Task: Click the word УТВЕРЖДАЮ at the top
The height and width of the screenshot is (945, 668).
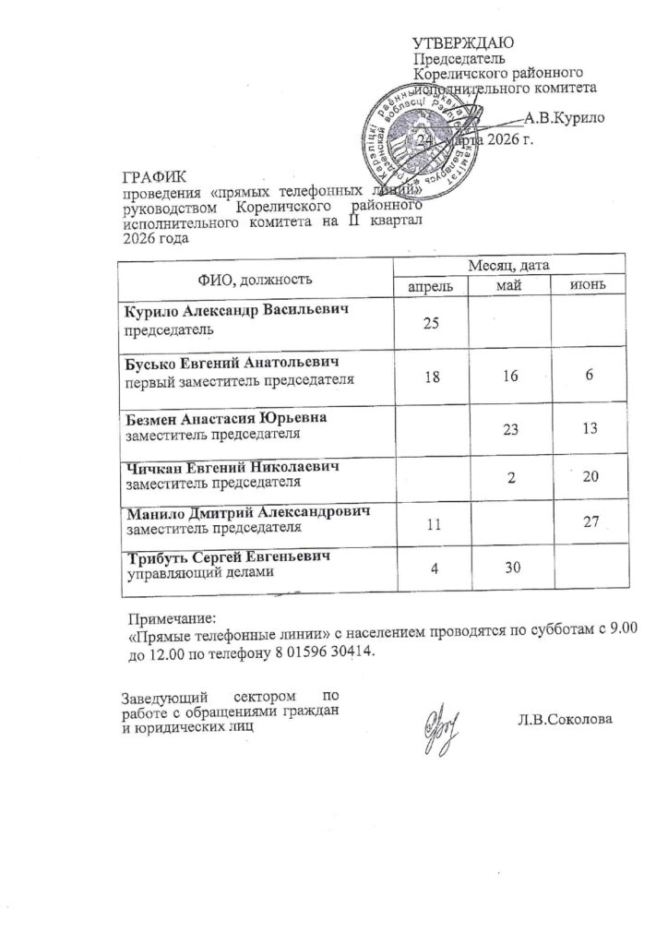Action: pos(460,42)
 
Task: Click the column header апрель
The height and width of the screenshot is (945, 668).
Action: pos(431,286)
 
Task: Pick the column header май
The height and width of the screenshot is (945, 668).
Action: pos(509,286)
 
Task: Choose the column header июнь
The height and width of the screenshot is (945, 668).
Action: pos(587,286)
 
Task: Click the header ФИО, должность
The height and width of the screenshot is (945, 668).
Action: pos(255,277)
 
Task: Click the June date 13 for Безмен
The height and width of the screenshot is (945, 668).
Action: pos(590,428)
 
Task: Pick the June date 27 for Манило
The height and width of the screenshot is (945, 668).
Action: pos(590,523)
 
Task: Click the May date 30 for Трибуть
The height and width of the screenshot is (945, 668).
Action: pos(509,572)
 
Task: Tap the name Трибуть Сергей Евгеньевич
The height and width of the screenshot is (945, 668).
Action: pos(228,558)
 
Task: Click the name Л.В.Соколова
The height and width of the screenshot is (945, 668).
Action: pos(566,720)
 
